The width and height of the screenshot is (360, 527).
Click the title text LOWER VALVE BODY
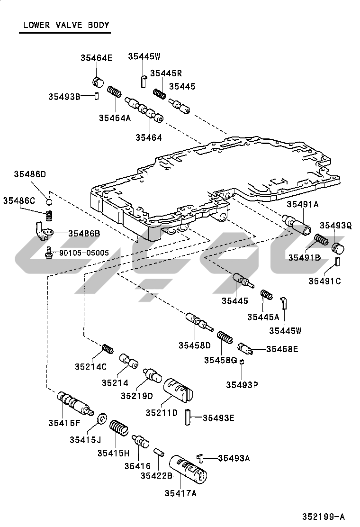tap(66, 25)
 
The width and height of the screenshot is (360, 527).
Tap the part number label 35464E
tap(96, 58)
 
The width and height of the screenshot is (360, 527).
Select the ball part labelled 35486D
tap(49, 202)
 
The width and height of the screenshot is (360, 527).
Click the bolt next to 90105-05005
tap(49, 253)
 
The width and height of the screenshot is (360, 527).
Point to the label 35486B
tap(84, 233)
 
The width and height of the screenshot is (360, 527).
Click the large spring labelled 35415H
tap(119, 428)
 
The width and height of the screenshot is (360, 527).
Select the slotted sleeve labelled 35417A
tap(188, 470)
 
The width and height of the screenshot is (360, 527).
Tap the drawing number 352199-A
tap(324, 517)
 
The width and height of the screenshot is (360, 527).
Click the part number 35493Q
tap(335, 226)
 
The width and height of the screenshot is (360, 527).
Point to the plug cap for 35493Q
tap(338, 248)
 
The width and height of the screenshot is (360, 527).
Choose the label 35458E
tap(282, 349)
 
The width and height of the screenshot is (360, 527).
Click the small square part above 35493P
tap(242, 361)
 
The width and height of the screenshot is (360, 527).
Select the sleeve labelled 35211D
tap(178, 390)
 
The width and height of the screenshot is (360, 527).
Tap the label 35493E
tap(218, 418)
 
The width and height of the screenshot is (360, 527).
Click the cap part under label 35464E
tap(98, 82)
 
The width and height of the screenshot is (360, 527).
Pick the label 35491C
tap(325, 281)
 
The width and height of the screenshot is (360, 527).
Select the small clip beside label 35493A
tap(201, 457)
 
